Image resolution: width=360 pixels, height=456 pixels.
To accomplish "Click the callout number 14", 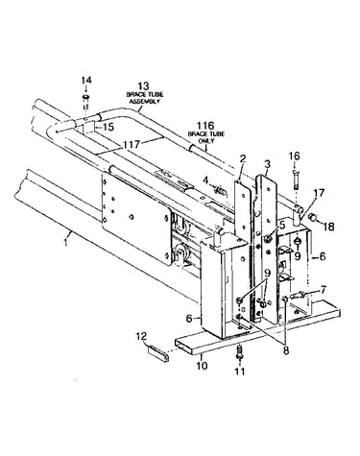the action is (85, 80).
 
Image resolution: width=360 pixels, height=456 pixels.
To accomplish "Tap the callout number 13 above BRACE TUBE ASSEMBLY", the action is (143, 85).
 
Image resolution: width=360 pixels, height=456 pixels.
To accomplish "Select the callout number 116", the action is (205, 126).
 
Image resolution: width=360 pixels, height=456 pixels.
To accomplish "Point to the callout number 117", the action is (132, 145).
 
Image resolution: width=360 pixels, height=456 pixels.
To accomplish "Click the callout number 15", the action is (108, 127).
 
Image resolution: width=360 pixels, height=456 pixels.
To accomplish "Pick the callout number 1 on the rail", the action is (65, 242).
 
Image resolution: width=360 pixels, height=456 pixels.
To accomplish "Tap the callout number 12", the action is (141, 336).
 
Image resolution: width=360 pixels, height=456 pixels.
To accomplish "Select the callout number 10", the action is (203, 365).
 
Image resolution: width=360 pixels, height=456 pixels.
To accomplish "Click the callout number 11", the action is (240, 372).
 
